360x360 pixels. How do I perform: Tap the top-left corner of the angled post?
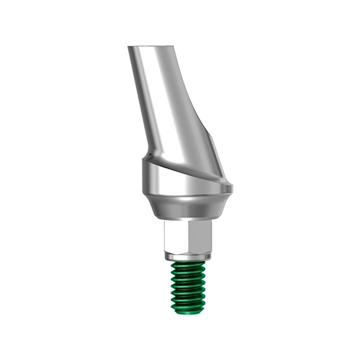(x=129, y=48)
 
